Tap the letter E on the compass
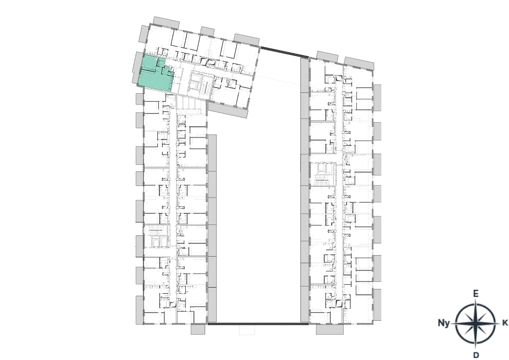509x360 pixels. coord(475,294)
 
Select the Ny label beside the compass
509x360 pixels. coord(444,323)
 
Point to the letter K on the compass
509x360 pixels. coord(505,323)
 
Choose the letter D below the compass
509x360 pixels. coord(476,355)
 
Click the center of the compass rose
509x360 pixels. coord(475,323)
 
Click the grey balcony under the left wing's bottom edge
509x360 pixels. coord(198,329)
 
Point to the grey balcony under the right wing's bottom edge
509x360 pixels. coord(329,329)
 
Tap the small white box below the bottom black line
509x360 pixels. coord(247,330)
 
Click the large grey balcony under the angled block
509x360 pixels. coord(228,110)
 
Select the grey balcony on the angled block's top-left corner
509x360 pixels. coord(166,22)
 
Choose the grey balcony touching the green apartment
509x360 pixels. coord(136,68)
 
